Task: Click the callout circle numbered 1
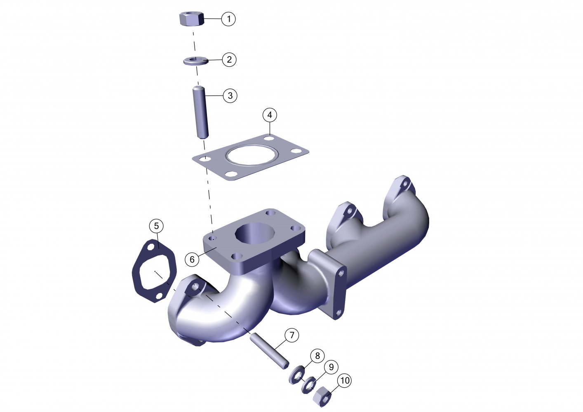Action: (x=228, y=19)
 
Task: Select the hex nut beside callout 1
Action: (x=192, y=19)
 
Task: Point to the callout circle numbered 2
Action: (x=229, y=60)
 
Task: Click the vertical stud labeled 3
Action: (x=200, y=112)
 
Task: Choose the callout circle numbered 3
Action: (x=230, y=96)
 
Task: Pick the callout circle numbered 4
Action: (x=270, y=115)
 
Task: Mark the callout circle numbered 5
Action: (x=156, y=226)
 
